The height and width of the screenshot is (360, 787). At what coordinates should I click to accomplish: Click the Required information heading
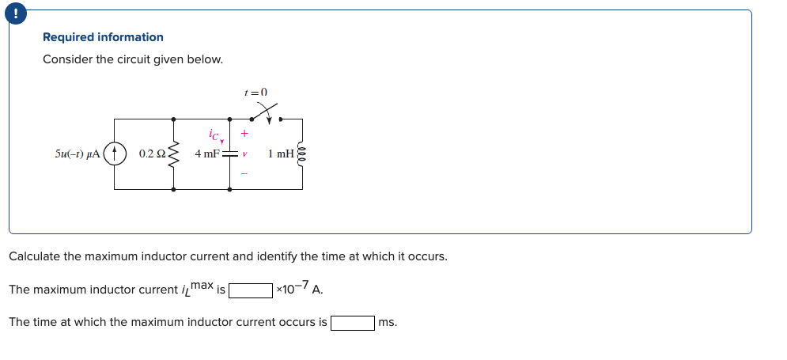(103, 37)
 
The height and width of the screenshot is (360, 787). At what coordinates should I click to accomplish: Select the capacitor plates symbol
(230, 153)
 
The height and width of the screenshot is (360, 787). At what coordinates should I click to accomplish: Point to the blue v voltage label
(245, 153)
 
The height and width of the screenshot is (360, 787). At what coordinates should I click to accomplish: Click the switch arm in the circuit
(263, 112)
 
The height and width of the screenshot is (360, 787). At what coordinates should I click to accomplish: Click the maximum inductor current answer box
(251, 290)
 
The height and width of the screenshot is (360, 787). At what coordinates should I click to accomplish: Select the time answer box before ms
(353, 323)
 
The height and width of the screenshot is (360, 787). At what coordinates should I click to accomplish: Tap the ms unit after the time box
(388, 323)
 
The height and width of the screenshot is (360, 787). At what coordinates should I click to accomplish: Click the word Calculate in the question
(34, 257)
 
